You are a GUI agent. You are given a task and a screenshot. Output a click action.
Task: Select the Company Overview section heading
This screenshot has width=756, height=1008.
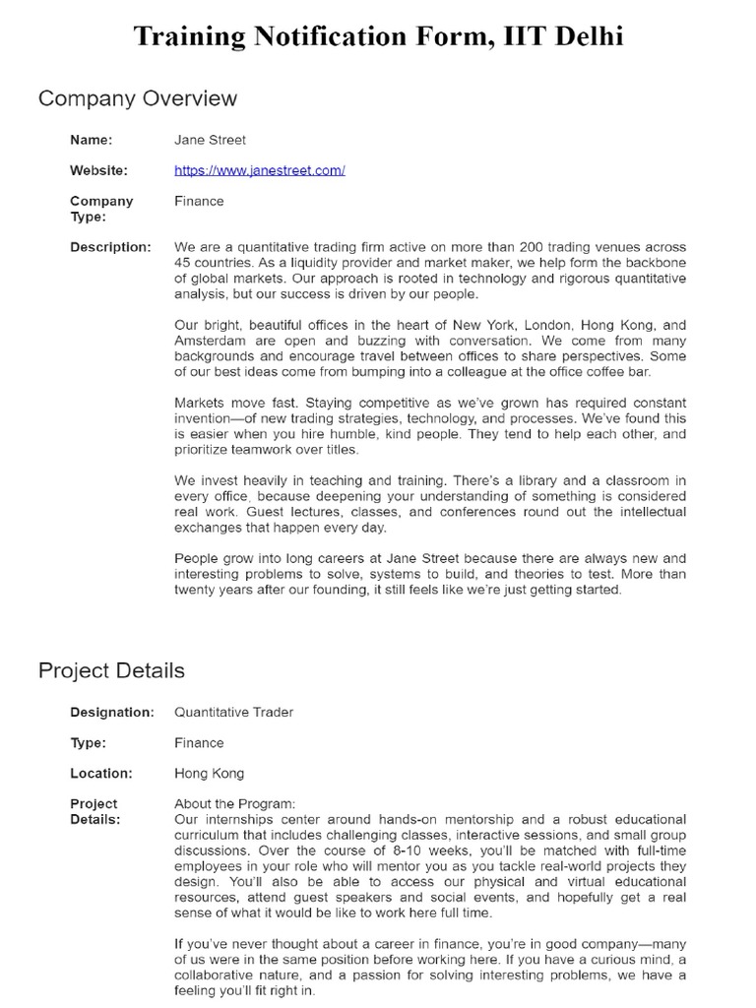[137, 98]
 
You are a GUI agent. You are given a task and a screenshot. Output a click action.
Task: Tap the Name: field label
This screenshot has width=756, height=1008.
[91, 140]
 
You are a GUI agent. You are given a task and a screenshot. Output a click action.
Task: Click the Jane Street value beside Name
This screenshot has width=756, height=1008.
[210, 140]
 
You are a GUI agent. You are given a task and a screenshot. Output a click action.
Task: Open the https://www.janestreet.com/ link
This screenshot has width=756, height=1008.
[259, 170]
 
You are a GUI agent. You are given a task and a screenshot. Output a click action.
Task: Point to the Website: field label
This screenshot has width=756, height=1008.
[98, 170]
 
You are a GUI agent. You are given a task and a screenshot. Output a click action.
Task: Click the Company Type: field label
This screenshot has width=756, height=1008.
[88, 209]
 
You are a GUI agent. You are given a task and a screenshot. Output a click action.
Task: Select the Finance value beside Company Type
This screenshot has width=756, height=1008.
[199, 201]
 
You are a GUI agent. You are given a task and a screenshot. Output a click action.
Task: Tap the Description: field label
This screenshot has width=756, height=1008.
[110, 247]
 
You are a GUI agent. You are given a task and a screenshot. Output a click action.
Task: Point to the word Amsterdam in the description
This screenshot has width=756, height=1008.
[211, 341]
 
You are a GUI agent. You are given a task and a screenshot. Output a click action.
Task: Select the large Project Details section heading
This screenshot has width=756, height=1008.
[111, 670]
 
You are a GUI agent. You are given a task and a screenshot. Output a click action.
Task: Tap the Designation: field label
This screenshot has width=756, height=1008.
[112, 712]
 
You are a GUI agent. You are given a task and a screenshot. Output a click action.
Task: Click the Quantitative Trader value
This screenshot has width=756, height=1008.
[233, 712]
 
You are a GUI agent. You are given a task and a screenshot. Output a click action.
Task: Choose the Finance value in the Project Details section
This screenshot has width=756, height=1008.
[199, 742]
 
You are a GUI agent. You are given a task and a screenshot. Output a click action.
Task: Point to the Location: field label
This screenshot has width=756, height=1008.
[100, 773]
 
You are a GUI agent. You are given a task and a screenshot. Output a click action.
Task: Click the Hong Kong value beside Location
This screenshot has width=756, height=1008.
[209, 773]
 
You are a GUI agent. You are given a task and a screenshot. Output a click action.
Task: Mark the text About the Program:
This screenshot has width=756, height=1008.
[234, 803]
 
